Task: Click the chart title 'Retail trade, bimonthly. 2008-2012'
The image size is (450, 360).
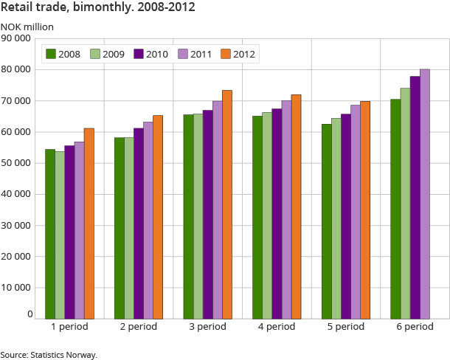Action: (103, 9)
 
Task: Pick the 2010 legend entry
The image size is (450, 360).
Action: (150, 53)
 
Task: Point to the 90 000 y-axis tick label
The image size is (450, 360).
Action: (17, 38)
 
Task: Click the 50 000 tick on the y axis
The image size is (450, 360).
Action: (17, 163)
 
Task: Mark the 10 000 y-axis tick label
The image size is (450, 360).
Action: (17, 288)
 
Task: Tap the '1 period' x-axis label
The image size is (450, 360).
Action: (69, 327)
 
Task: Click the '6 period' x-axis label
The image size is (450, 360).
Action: (415, 327)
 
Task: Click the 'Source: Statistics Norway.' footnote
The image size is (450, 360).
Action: (49, 355)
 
